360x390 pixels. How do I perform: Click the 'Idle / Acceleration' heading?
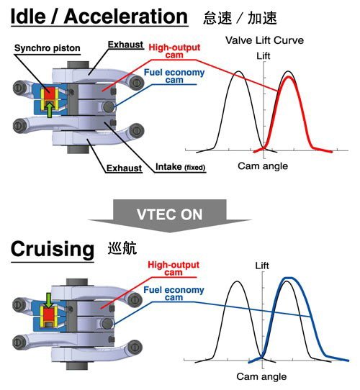[x=99, y=17]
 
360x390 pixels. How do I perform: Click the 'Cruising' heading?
[x=53, y=249]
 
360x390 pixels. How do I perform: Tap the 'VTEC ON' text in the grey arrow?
[x=169, y=214]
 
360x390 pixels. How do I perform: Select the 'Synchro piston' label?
[x=48, y=48]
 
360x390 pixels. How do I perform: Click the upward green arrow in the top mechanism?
[x=50, y=109]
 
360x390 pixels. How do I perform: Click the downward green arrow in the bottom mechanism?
[x=49, y=300]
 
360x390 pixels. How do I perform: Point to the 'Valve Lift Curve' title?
[x=264, y=40]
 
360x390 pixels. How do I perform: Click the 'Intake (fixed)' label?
[x=180, y=167]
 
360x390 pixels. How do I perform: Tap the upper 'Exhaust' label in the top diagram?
[x=125, y=45]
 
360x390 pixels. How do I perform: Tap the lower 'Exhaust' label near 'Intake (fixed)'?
[x=124, y=168]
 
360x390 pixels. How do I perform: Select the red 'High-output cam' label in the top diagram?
[x=174, y=51]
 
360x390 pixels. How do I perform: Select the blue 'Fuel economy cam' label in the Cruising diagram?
[x=174, y=294]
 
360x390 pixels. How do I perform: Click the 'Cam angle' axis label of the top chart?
[x=263, y=166]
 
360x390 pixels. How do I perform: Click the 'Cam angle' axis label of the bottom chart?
[x=261, y=376]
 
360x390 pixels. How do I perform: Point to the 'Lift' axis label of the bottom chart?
[x=262, y=266]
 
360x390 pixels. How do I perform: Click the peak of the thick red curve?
[x=289, y=77]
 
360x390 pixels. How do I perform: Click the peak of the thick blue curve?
[x=289, y=278]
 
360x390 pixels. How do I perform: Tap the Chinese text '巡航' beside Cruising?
[x=122, y=248]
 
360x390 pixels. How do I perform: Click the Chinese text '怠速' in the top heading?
[x=217, y=18]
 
